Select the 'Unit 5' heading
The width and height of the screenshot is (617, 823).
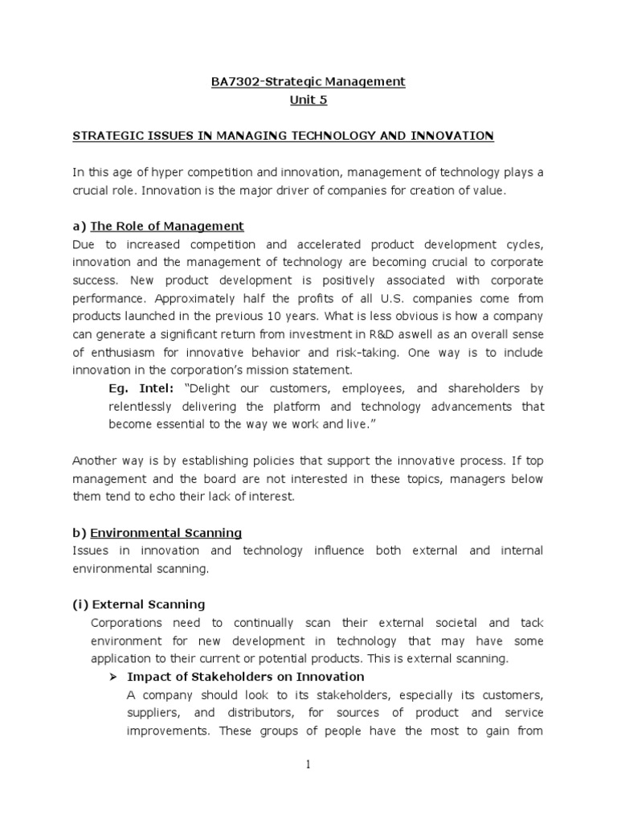[308, 100]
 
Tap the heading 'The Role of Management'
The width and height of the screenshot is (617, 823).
[167, 226]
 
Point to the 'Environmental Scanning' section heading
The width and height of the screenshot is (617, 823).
[165, 532]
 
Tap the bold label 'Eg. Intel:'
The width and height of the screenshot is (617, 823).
[141, 388]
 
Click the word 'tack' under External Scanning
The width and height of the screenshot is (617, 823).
[531, 623]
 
